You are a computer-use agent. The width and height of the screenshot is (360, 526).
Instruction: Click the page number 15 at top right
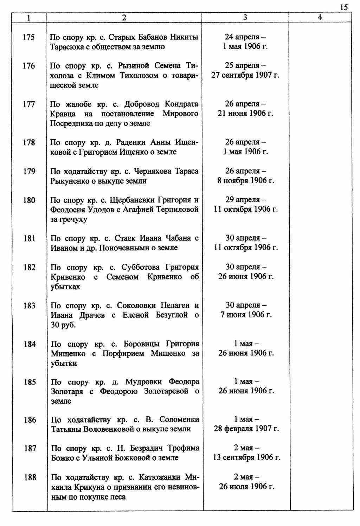[344, 7]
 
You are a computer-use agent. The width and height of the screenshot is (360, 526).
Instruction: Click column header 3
[245, 17]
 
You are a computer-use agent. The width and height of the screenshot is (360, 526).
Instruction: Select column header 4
[320, 17]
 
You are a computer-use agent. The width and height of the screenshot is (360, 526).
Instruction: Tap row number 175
[28, 37]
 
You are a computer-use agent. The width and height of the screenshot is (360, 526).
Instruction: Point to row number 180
[29, 200]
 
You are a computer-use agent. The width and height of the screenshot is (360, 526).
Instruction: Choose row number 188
[30, 477]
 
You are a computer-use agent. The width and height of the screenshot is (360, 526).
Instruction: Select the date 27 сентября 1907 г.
[245, 75]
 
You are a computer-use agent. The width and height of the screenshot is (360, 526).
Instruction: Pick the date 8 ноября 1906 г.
[246, 181]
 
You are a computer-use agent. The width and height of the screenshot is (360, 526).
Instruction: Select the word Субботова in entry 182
[139, 267]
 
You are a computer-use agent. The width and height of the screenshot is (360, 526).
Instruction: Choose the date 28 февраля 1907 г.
[246, 429]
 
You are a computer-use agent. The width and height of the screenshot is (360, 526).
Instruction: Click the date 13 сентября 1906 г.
[246, 458]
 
